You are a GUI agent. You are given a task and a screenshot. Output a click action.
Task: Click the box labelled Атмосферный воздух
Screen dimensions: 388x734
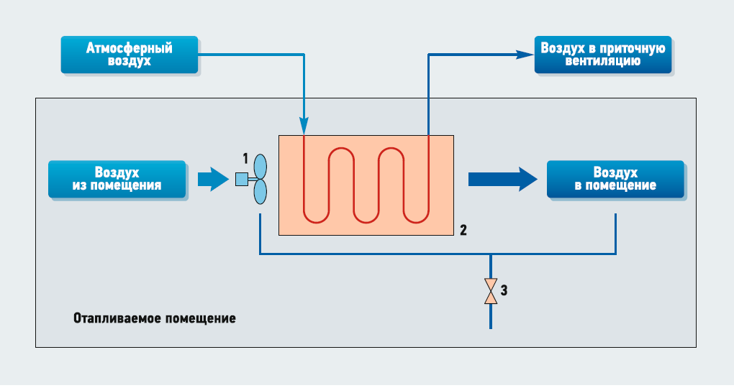pyautogui.click(x=130, y=55)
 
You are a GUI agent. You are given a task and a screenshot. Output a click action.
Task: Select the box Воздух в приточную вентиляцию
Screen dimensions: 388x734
pyautogui.click(x=602, y=55)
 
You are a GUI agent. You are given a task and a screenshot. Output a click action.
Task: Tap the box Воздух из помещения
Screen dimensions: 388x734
pyautogui.click(x=117, y=179)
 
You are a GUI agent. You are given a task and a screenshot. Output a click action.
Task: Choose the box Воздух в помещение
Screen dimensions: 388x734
pyautogui.click(x=615, y=179)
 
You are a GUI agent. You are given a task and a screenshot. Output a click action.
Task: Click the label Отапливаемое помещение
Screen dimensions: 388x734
pyautogui.click(x=154, y=318)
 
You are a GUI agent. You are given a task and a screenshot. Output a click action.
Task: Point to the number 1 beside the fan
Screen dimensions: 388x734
pyautogui.click(x=245, y=157)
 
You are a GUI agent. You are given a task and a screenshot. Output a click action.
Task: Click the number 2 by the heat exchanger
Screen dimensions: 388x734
pyautogui.click(x=463, y=231)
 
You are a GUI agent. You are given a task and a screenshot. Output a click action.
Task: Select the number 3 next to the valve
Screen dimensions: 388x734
pyautogui.click(x=504, y=291)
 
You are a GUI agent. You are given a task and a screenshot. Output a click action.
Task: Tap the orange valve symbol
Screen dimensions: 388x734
pyautogui.click(x=490, y=291)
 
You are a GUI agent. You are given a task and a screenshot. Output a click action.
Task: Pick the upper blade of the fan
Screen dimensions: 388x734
pyautogui.click(x=260, y=166)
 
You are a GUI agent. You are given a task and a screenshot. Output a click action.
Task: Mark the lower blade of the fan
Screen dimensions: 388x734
pyautogui.click(x=260, y=193)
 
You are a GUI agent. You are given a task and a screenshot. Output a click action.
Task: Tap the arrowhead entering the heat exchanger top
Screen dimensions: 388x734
pyautogui.click(x=304, y=126)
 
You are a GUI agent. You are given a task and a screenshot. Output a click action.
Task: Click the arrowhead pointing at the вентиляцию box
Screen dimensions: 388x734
pyautogui.click(x=524, y=53)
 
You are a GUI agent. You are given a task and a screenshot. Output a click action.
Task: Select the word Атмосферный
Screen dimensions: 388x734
pyautogui.click(x=130, y=49)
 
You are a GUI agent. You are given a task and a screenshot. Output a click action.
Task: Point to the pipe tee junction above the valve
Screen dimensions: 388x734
pyautogui.click(x=490, y=254)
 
